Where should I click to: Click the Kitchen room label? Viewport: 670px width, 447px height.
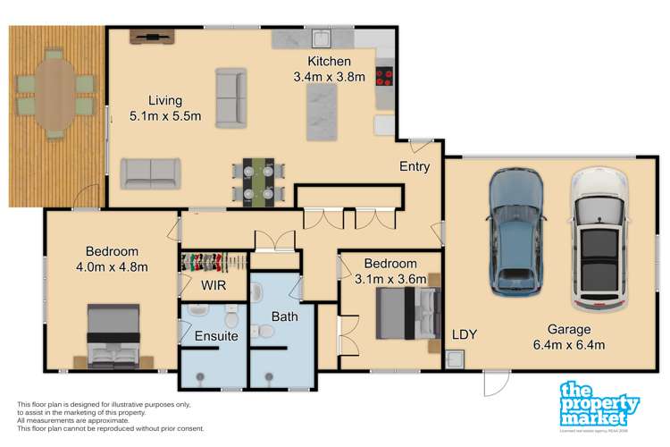(x=329, y=62)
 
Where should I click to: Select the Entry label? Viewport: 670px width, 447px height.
(x=415, y=166)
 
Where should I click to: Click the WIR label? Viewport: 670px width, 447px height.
(x=213, y=286)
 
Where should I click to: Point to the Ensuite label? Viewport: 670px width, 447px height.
(x=216, y=336)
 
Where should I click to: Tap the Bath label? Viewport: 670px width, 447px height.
(x=285, y=315)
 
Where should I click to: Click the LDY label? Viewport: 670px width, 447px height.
(x=464, y=335)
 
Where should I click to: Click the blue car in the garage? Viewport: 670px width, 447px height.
(x=515, y=231)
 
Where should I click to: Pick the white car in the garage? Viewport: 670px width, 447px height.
(x=599, y=237)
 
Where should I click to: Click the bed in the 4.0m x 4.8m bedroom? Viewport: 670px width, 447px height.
(x=113, y=335)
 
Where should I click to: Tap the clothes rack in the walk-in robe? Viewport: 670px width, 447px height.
(x=213, y=262)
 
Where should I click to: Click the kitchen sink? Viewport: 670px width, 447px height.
(x=321, y=38)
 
